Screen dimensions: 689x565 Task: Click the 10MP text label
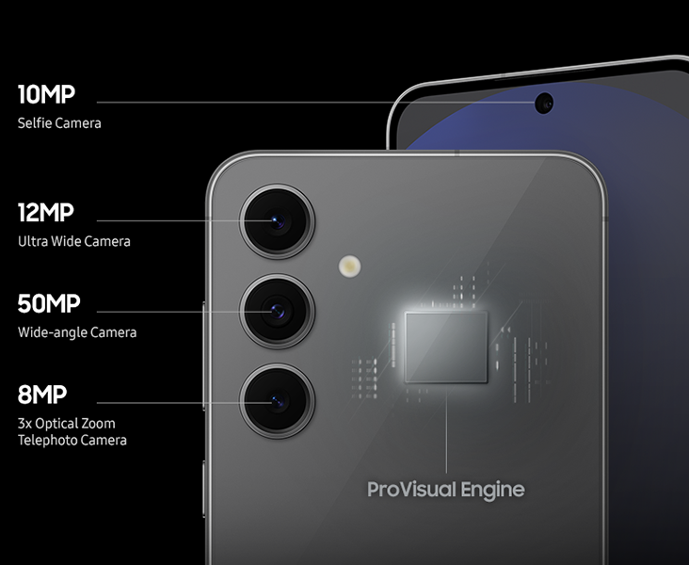tap(46, 94)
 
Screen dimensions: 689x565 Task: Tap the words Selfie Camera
tap(59, 123)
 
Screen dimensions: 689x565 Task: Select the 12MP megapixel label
tap(46, 213)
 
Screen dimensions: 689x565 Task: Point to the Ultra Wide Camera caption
tap(74, 241)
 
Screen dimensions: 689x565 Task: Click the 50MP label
tap(49, 303)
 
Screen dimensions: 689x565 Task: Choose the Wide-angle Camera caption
tap(77, 332)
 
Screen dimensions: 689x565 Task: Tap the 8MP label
tap(42, 395)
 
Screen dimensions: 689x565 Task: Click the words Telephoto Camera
tap(72, 440)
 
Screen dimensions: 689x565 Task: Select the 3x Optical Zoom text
tap(67, 424)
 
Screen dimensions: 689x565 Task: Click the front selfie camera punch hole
tap(544, 104)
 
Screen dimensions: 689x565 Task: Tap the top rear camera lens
tap(278, 221)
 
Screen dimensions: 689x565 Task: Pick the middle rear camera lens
tap(278, 312)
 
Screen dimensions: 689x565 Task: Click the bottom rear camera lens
tap(278, 401)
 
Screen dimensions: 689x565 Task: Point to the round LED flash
tap(350, 266)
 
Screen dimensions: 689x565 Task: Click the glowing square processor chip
tap(446, 347)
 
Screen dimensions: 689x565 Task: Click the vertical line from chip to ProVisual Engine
tap(446, 428)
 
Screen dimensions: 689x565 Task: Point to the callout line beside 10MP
tap(316, 103)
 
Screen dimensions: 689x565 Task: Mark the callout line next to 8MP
tap(184, 403)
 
